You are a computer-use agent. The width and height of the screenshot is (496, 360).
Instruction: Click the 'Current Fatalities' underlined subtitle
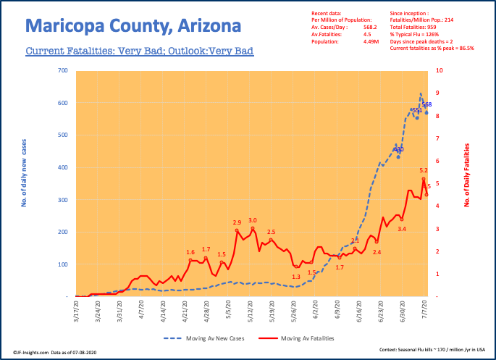(139, 52)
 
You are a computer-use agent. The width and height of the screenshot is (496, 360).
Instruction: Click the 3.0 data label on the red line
(253, 220)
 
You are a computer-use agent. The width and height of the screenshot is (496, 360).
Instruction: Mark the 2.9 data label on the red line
(237, 222)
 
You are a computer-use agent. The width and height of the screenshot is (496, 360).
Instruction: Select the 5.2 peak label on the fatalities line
(424, 170)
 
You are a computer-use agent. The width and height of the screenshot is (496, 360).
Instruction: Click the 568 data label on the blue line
(427, 105)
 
